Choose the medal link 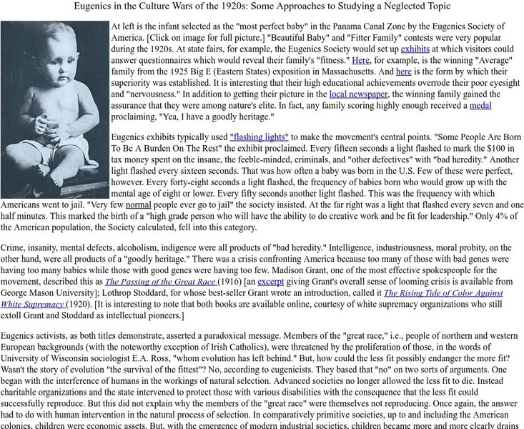pos(480,106)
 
